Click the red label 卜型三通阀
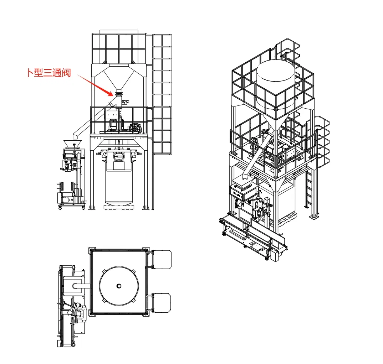click(49, 73)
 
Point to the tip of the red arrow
click(113, 96)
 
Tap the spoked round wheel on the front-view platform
click(136, 128)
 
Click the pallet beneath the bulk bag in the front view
click(119, 207)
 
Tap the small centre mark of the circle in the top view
click(119, 286)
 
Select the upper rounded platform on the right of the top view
click(161, 260)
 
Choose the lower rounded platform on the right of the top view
click(161, 303)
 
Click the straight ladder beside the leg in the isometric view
click(308, 188)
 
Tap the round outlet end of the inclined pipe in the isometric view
click(245, 178)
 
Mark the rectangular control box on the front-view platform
click(112, 114)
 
